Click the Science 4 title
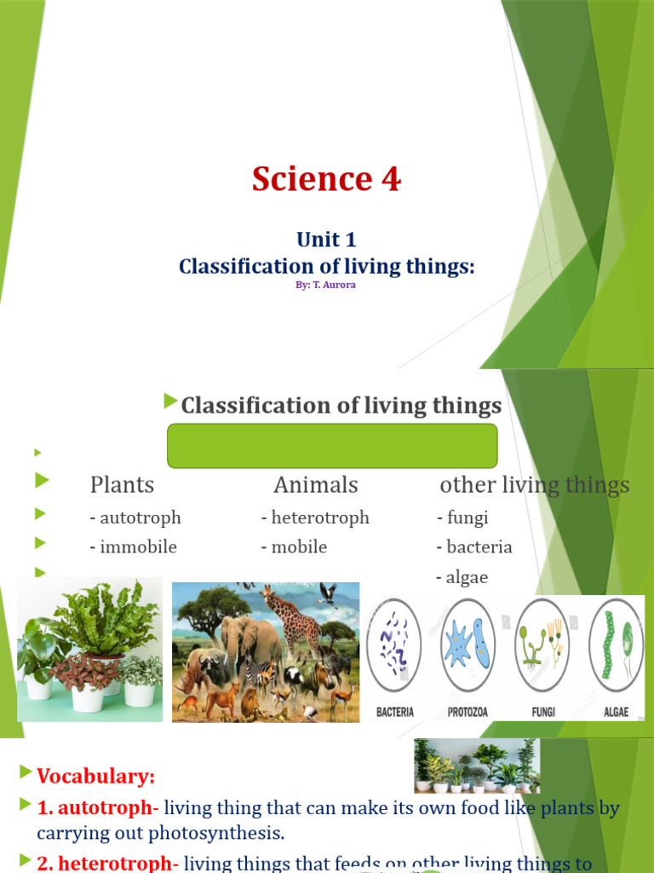(x=326, y=179)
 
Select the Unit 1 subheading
(x=326, y=240)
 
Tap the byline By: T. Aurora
(x=325, y=285)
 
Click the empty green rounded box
(x=332, y=445)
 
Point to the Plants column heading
(x=122, y=485)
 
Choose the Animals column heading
(x=316, y=485)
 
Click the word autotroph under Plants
(x=140, y=517)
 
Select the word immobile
(x=138, y=547)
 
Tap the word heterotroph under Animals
(x=319, y=517)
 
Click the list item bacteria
(x=479, y=547)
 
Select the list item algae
(x=467, y=577)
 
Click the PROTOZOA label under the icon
(x=468, y=711)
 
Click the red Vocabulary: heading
(x=95, y=776)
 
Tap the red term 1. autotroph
(x=94, y=807)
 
